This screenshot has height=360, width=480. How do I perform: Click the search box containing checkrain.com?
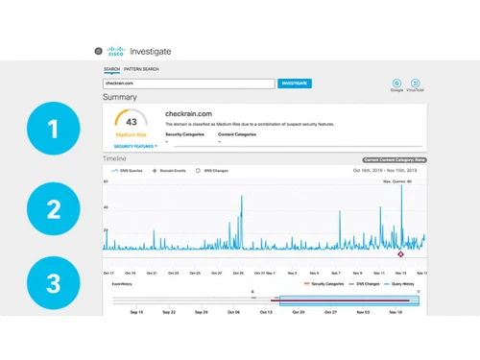click(x=189, y=84)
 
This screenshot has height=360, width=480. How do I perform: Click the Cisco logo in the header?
click(x=116, y=51)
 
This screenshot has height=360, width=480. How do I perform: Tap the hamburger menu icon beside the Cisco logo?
click(x=98, y=51)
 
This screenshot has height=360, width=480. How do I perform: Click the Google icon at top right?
click(x=397, y=84)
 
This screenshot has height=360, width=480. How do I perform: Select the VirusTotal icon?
click(x=416, y=84)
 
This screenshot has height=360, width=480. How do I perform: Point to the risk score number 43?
click(x=132, y=122)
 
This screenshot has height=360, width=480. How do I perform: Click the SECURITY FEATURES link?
click(x=132, y=146)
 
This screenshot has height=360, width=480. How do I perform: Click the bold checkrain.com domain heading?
click(x=188, y=114)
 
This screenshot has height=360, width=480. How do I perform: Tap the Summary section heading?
click(x=120, y=98)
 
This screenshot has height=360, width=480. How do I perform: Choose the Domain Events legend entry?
click(x=169, y=169)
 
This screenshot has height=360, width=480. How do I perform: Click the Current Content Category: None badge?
click(x=394, y=159)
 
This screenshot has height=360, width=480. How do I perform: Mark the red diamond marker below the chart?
click(x=400, y=254)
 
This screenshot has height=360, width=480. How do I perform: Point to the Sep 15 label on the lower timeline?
click(x=135, y=312)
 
